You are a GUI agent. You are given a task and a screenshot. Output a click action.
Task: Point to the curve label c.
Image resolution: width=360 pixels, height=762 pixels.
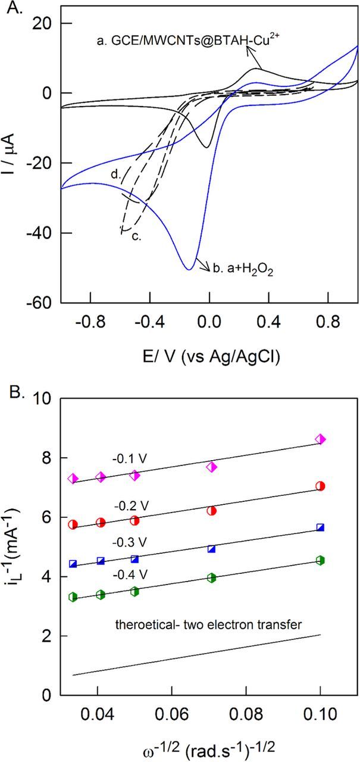[135, 236]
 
